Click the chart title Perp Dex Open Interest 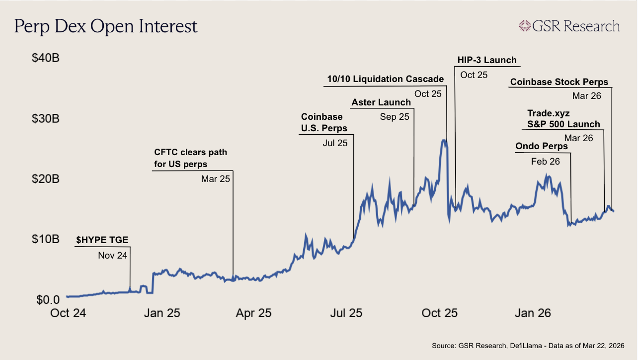106,26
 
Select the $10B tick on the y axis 46,240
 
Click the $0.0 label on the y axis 47,300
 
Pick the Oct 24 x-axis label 68,313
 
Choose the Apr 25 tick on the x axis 253,313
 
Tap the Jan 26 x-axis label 532,313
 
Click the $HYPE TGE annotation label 102,240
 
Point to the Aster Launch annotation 381,103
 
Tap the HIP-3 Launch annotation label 487,60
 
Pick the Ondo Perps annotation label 541,147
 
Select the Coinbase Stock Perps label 559,83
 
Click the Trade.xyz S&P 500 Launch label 563,119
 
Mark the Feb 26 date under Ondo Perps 545,162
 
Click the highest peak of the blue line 443,141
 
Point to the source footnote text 528,345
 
